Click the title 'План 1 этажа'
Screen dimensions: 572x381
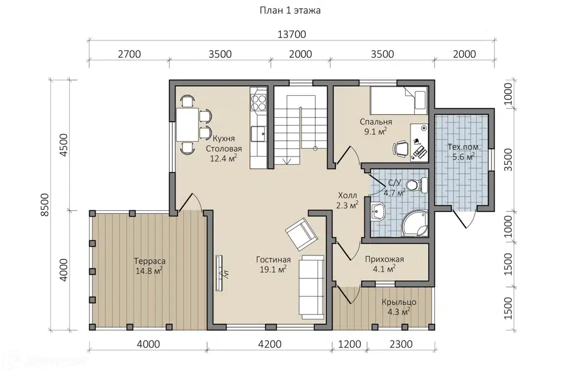[290, 10]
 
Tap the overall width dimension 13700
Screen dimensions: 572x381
[291, 35]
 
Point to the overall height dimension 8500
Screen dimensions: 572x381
[45, 205]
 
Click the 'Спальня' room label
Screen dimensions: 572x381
[376, 122]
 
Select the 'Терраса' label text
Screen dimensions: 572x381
[150, 261]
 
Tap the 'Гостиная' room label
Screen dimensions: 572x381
[273, 260]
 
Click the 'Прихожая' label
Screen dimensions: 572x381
[384, 259]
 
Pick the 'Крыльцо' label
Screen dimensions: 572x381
[399, 302]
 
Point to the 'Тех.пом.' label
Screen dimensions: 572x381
[464, 147]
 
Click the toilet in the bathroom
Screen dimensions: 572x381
[417, 185]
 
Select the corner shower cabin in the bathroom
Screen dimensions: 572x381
[415, 223]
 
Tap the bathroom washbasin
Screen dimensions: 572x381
[377, 212]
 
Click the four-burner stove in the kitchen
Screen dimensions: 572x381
[258, 102]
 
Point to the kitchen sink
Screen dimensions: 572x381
[258, 133]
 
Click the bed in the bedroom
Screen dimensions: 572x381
[399, 101]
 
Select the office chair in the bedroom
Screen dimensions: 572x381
[400, 149]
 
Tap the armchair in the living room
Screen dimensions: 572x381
[301, 234]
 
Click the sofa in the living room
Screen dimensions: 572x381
[311, 285]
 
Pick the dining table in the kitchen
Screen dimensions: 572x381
[188, 124]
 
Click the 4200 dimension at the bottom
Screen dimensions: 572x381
[269, 344]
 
